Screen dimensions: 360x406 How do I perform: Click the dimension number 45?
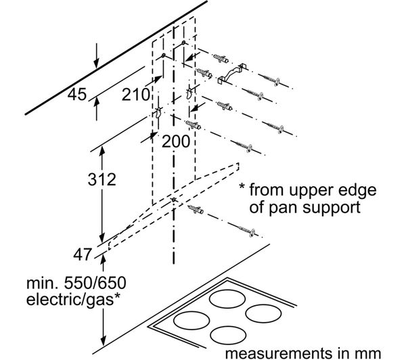(x=77, y=95)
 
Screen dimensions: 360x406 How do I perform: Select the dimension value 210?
(x=135, y=95)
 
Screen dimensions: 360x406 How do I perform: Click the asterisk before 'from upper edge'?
(x=242, y=189)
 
